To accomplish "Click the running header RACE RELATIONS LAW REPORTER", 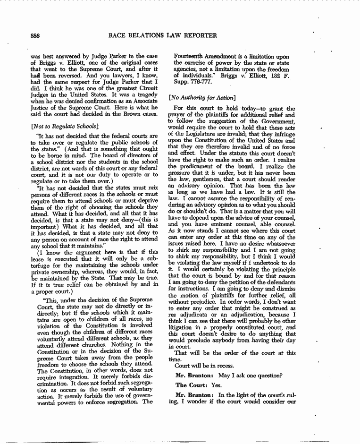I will [163, 35].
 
